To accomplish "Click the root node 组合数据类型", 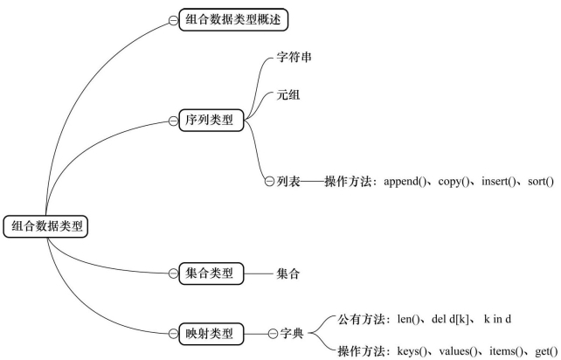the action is pos(45,226).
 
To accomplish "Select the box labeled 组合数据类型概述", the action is pos(233,20).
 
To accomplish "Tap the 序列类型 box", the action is pos(211,120).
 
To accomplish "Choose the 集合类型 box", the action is pos(211,273).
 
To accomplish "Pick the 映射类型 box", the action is pos(211,334).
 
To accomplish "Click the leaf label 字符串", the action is pos(294,57).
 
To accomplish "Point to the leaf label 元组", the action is pos(288,95).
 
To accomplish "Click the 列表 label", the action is pos(288,182).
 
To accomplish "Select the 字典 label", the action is pos(292,334).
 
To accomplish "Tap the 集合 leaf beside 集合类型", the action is pos(288,273).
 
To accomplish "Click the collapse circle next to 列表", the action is pos(269,182).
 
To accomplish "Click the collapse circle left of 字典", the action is pos(273,334).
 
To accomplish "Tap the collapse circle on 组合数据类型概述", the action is pos(173,21).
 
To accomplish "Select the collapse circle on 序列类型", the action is pos(173,121).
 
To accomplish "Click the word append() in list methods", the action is pos(405,182).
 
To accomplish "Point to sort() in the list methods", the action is pos(541,182).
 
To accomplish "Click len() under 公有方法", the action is pos(408,319).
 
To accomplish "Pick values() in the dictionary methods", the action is pos(458,351).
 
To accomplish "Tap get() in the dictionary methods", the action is pos(547,351).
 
